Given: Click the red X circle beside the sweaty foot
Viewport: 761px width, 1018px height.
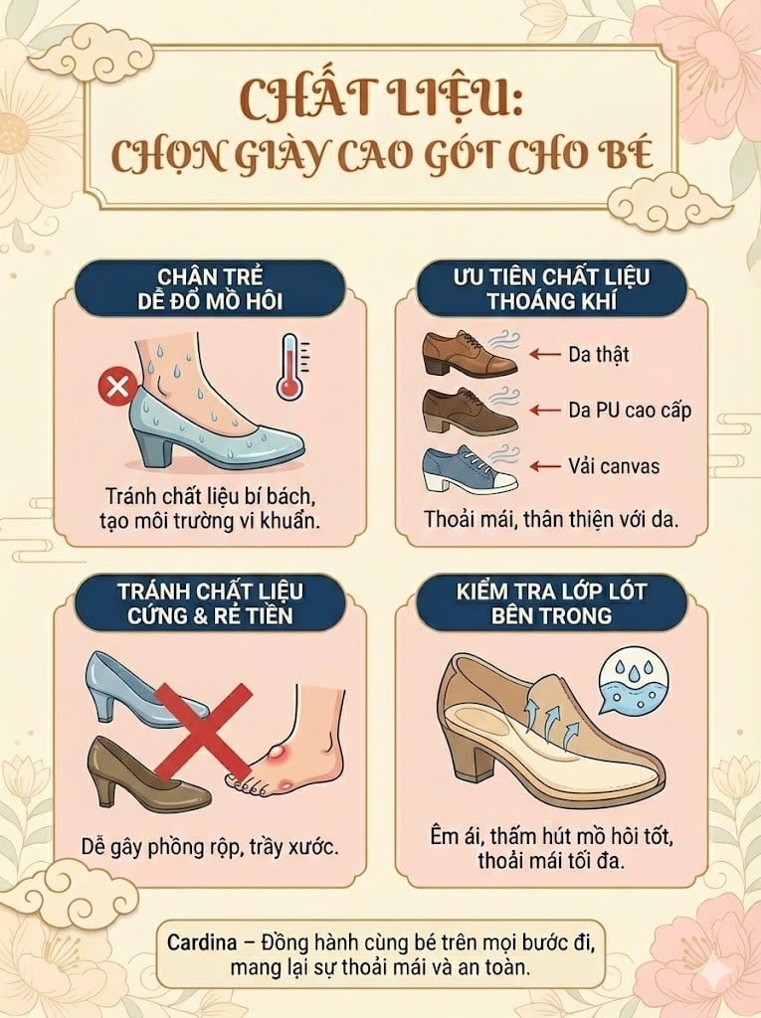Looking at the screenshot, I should click(117, 386).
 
